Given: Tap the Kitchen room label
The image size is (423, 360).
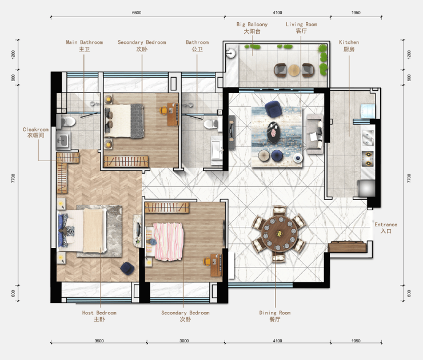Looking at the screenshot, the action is coord(349,46).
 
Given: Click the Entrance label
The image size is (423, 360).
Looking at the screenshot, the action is coord(386,227).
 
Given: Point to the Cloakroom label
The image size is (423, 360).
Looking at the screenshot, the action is coord(35,132).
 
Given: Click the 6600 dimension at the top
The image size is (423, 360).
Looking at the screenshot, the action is coord(137,13).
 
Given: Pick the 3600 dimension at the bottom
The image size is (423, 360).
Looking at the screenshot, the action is coord(99,341).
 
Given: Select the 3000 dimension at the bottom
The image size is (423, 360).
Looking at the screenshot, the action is coord(184,341).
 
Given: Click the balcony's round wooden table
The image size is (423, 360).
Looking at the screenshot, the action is coord(294,70).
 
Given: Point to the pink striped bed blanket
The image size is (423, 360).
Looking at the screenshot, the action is coord(169,242).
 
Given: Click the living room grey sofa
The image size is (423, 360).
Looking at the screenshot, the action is coord(314,134).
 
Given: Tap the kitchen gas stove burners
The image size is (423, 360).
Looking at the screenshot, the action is coord(368,158).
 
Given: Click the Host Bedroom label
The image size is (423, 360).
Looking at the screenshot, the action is coord(99,316).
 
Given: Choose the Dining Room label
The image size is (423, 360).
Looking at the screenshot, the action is coord(275,316).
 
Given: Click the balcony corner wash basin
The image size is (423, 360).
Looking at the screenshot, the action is coord(231,53).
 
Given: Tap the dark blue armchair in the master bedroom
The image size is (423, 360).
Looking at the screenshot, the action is coord(127,269).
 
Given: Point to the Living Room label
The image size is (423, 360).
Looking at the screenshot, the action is coord(301,27).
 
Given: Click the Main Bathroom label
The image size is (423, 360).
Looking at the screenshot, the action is coord(85,46).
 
